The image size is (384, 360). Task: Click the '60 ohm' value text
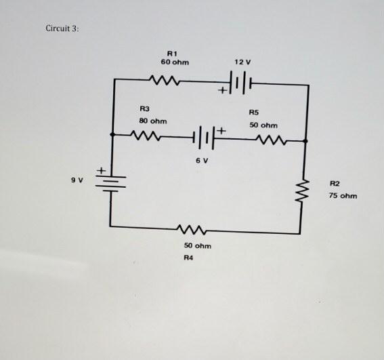175,62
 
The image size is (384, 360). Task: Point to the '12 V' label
243,62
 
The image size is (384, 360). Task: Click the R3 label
144,108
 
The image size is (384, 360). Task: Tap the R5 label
253,112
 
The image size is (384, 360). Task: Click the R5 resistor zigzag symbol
273,140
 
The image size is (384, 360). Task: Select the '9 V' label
77,180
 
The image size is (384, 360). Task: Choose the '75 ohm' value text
343,196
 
